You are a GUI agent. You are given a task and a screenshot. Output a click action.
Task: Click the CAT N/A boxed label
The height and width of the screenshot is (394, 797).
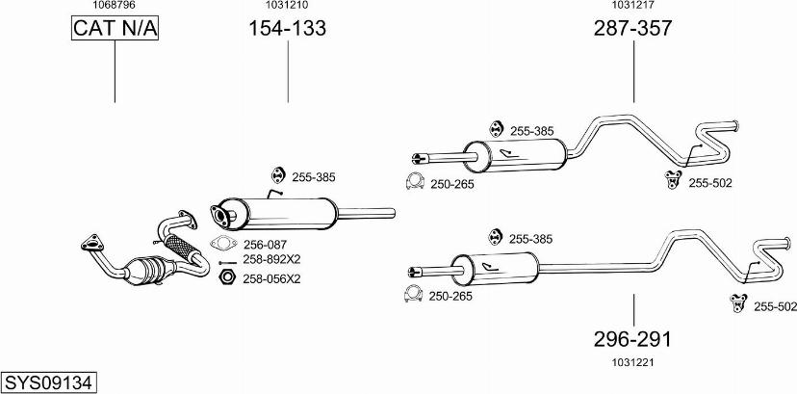point(115,30)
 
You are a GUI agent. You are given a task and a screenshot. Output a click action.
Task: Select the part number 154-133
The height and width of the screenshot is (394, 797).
point(288,29)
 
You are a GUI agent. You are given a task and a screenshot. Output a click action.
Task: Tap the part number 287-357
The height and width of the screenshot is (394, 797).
point(632,29)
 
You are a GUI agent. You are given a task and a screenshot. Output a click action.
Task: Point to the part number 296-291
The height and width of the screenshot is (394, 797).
point(632,339)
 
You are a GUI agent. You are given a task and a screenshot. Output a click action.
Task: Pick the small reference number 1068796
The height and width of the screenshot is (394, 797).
point(114,6)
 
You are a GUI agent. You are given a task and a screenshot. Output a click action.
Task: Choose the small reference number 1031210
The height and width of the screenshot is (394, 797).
point(287,6)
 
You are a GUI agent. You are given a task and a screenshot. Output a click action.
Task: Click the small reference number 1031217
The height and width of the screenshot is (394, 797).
point(632,6)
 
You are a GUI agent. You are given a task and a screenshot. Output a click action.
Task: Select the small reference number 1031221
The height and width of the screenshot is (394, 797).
point(632,362)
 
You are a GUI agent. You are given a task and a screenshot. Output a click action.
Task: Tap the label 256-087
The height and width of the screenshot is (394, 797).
point(267,245)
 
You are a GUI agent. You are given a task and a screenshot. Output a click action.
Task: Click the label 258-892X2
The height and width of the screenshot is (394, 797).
point(271,259)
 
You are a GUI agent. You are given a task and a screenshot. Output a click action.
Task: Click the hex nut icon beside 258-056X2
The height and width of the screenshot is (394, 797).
point(226,277)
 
